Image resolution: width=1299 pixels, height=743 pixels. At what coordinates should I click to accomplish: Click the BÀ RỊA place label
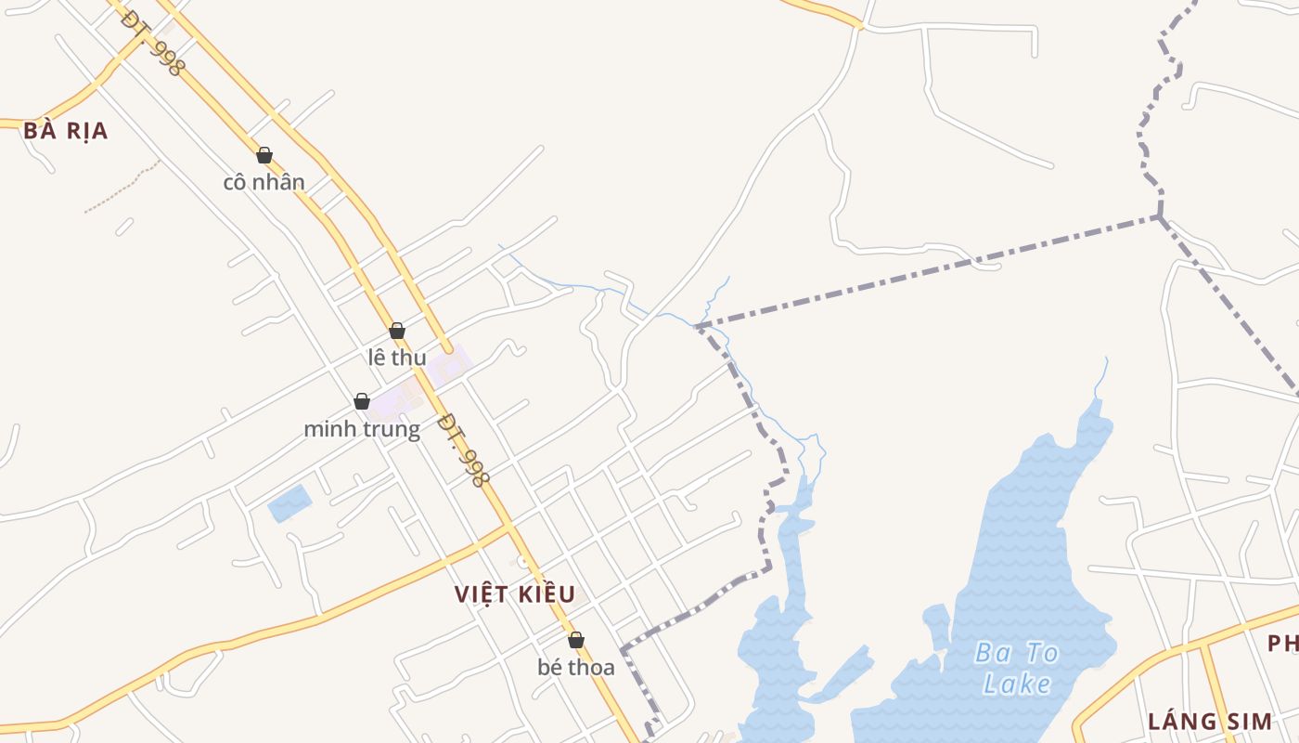pyautogui.click(x=66, y=131)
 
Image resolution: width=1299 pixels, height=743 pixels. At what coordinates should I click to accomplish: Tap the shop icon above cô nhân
pyautogui.click(x=264, y=155)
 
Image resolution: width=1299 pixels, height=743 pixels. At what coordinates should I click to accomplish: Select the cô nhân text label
pyautogui.click(x=264, y=182)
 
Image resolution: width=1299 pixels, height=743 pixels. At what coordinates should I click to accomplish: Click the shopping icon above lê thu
pyautogui.click(x=397, y=331)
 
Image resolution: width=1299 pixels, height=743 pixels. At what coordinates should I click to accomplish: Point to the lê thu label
pyautogui.click(x=397, y=358)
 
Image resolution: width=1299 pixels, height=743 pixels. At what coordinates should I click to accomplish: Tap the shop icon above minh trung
pyautogui.click(x=362, y=401)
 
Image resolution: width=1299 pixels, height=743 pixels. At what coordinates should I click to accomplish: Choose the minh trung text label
pyautogui.click(x=362, y=429)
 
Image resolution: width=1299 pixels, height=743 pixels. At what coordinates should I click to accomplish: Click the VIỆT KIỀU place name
pyautogui.click(x=515, y=594)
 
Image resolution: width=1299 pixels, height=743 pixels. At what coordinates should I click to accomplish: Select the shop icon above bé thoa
pyautogui.click(x=576, y=640)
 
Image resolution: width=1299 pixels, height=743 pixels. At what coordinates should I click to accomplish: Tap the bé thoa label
pyautogui.click(x=576, y=667)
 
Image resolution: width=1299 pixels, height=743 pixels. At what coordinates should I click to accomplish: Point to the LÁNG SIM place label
pyautogui.click(x=1208, y=722)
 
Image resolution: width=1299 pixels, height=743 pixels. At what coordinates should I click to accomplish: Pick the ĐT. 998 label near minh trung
pyautogui.click(x=463, y=450)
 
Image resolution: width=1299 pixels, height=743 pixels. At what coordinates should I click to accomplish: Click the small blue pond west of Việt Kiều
pyautogui.click(x=289, y=503)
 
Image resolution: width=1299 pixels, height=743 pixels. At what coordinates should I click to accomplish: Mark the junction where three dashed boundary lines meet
pyautogui.click(x=1159, y=216)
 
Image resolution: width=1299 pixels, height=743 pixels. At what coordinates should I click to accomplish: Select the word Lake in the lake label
pyautogui.click(x=1017, y=685)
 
